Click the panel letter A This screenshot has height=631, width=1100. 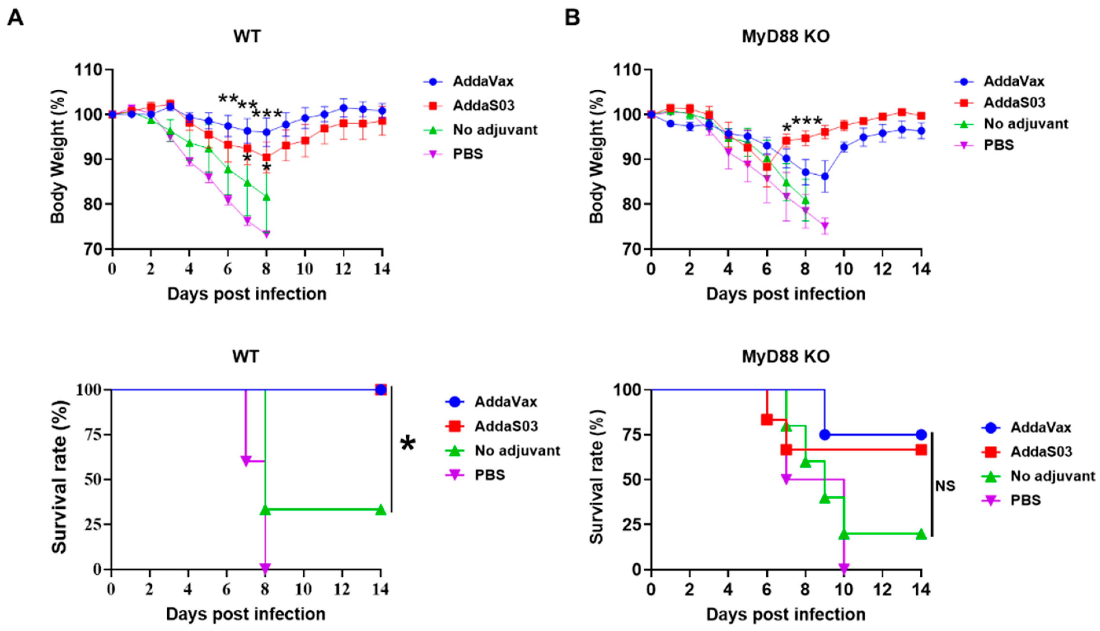pyautogui.click(x=16, y=18)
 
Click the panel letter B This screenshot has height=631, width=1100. pyautogui.click(x=572, y=18)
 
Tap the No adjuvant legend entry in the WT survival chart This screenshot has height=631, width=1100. pyautogui.click(x=517, y=451)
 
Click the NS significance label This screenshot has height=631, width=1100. pyautogui.click(x=945, y=486)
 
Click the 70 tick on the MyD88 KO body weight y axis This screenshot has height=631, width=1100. pyautogui.click(x=631, y=249)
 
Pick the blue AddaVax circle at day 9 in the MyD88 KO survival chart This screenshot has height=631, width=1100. pyautogui.click(x=825, y=435)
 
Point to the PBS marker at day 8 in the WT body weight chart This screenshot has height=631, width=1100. pyautogui.click(x=266, y=234)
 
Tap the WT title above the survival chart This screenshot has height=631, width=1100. pyautogui.click(x=245, y=357)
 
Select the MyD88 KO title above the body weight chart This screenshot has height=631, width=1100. pyautogui.click(x=786, y=36)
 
